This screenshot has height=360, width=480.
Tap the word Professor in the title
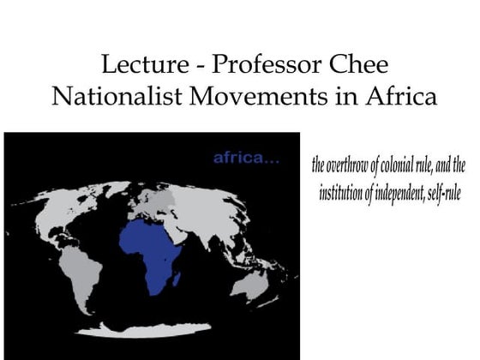pyautogui.click(x=258, y=65)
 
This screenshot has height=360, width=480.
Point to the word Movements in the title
pyautogui.click(x=267, y=96)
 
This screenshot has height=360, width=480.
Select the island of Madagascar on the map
pyautogui.click(x=177, y=278)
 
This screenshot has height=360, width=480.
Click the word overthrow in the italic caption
pyautogui.click(x=351, y=166)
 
